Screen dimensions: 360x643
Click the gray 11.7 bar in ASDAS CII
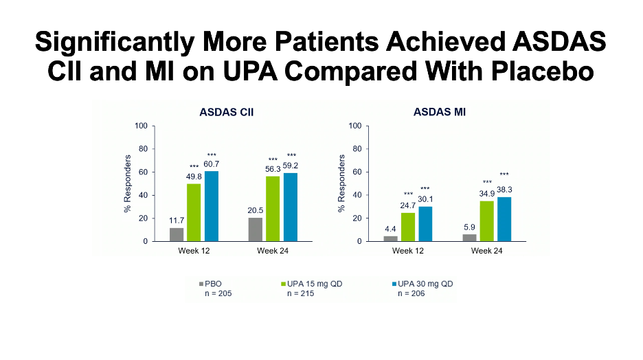pos(177,234)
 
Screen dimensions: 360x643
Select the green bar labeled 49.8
pos(194,212)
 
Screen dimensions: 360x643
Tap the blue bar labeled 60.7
pos(212,206)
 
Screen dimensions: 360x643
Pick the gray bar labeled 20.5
pos(256,229)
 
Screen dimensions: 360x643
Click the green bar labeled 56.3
pos(273,209)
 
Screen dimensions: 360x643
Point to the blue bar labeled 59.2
pos(291,207)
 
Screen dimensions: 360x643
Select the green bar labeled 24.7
pos(408,227)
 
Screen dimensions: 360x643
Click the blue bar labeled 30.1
pos(426,224)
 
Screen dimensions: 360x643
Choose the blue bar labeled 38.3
pos(504,219)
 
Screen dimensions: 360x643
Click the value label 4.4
pos(391,229)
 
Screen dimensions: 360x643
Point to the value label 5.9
pos(470,227)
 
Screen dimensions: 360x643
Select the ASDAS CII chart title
pos(226,112)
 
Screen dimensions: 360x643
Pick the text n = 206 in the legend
pos(411,293)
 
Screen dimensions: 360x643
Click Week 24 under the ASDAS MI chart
pos(487,251)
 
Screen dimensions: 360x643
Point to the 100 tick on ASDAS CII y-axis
pos(142,126)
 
